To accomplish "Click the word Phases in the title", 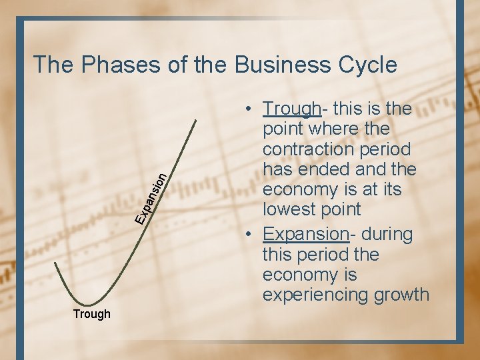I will click(115, 65).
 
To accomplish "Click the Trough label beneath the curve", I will click(92, 314).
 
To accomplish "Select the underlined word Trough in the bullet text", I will click(291, 108).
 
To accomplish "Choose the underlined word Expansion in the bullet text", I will click(305, 235).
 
